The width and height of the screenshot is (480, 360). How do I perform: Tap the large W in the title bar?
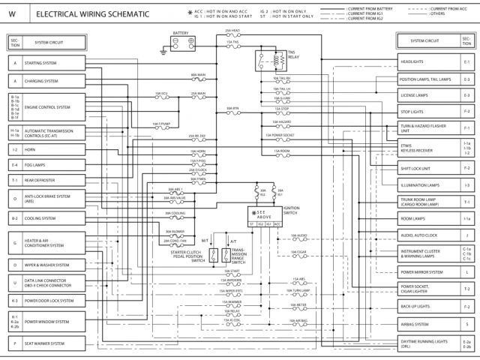[12, 13]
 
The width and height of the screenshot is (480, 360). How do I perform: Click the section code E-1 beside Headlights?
[466, 61]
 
